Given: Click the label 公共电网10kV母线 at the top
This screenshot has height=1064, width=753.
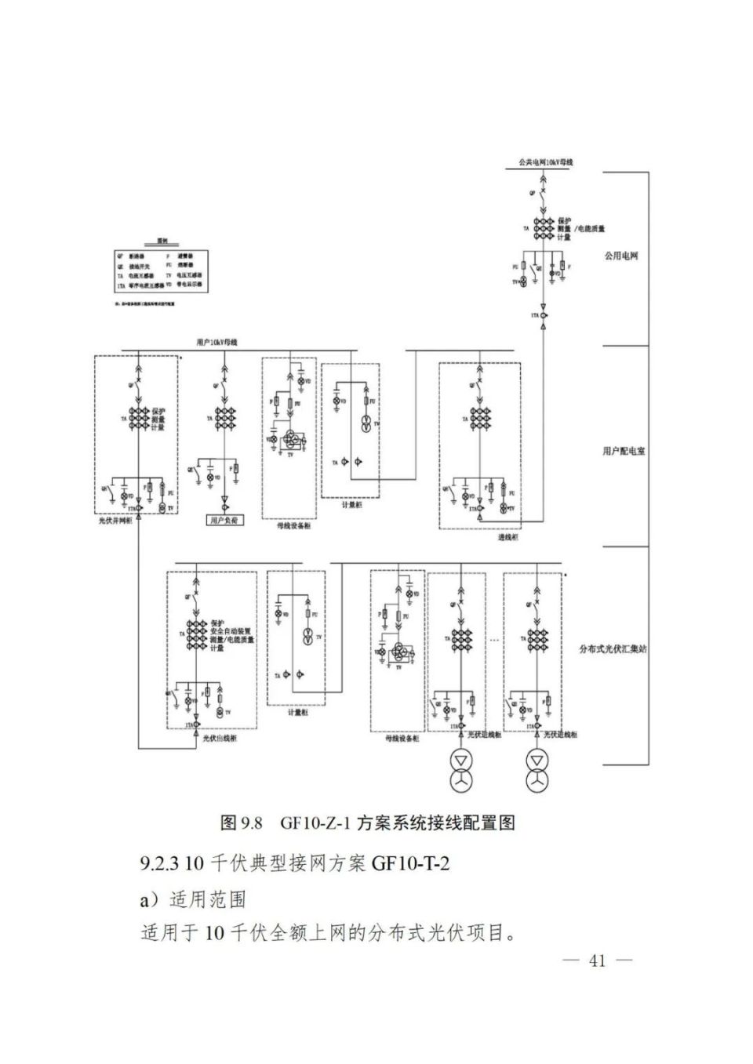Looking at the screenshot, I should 545,162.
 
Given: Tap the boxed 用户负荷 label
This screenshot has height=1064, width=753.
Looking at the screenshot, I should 225,520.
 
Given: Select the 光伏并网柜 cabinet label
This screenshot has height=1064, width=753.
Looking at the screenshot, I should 115,521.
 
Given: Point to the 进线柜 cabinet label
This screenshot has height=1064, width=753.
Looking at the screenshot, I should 507,538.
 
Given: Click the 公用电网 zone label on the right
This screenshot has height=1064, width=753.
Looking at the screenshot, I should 620,256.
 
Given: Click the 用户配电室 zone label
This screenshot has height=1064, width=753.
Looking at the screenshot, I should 624,451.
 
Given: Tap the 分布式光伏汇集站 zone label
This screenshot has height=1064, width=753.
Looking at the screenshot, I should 613,649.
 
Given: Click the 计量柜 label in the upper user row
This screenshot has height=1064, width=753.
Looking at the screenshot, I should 351,506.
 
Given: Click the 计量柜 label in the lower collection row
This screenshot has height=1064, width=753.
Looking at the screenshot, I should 297,712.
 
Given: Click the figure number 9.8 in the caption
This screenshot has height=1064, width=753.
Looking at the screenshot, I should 251,823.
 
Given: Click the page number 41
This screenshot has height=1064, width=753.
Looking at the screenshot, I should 597,961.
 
